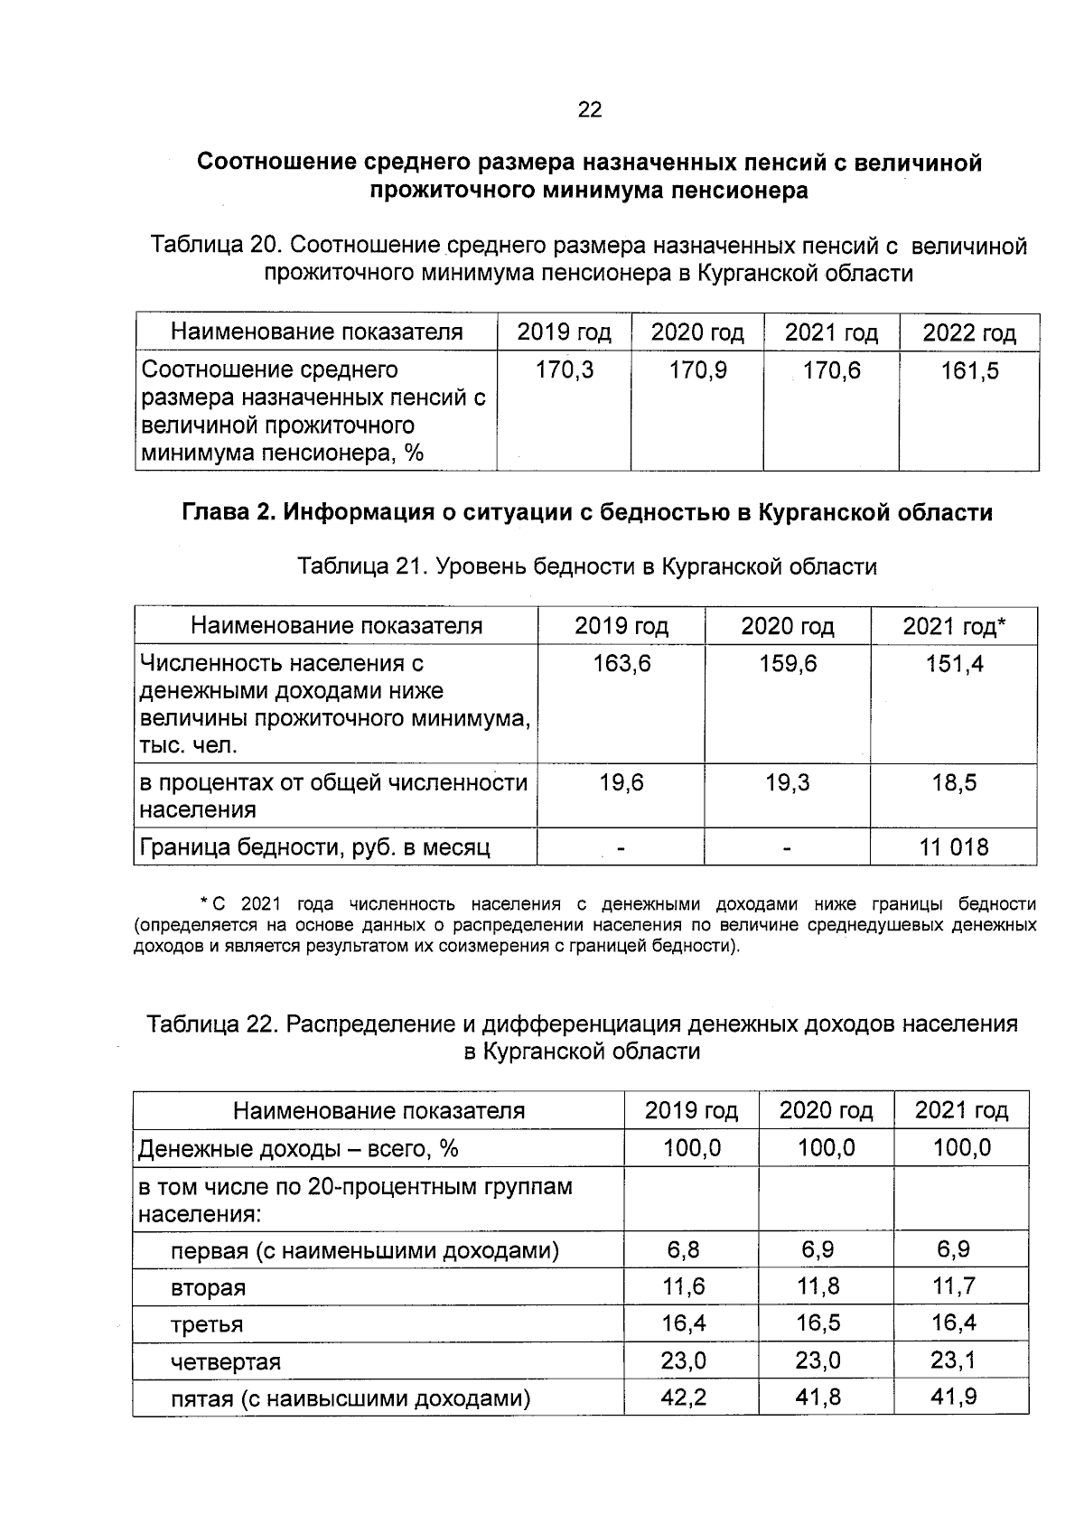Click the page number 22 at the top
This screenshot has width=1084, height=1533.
coord(589,110)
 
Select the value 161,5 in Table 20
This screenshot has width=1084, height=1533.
coord(969,370)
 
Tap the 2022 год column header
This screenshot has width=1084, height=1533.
coord(969,333)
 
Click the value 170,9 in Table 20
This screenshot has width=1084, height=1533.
coord(697,370)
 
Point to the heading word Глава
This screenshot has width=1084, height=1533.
coord(217,513)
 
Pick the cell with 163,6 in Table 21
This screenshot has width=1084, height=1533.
coord(621,664)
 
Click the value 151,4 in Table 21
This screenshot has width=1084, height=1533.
coord(954,664)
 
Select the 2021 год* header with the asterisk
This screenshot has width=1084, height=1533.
coord(954,626)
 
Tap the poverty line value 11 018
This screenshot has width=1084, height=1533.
coord(954,847)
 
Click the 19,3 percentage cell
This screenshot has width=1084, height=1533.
coord(788,782)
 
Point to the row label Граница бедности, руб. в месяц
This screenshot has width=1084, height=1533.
coord(314,847)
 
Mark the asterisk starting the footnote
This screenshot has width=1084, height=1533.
coord(204,902)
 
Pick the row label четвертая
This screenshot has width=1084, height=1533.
coord(226,1361)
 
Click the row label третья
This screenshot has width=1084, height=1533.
coord(207,1324)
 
